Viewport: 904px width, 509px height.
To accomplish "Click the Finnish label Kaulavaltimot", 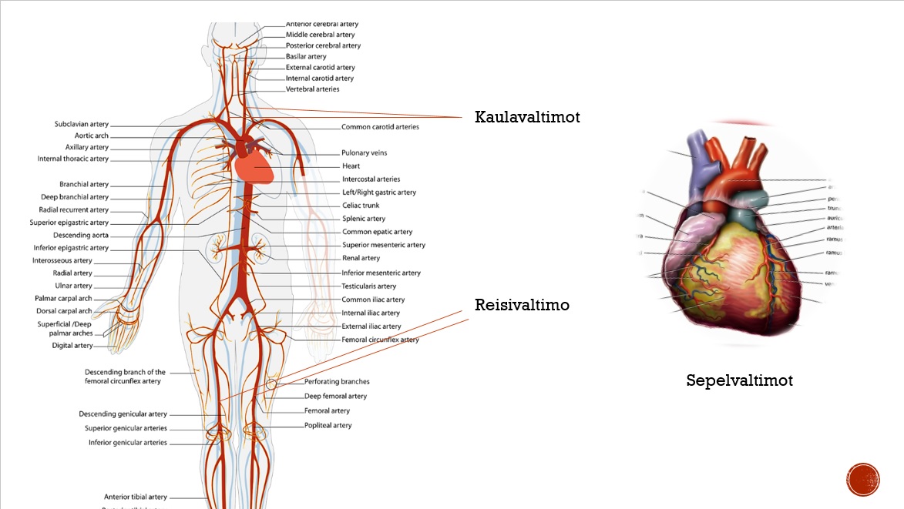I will pyautogui.click(x=527, y=117).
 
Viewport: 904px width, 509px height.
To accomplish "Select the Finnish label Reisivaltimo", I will pyautogui.click(x=522, y=305).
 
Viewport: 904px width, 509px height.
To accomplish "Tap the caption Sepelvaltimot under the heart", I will pyautogui.click(x=739, y=380).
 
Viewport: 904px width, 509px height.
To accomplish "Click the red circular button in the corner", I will pyautogui.click(x=863, y=480).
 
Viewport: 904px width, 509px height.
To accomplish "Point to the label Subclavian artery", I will pyautogui.click(x=82, y=124).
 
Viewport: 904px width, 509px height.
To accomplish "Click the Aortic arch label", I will pyautogui.click(x=92, y=136).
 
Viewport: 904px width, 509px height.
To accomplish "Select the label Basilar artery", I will pyautogui.click(x=306, y=56).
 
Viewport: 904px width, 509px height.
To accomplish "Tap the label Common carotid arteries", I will pyautogui.click(x=380, y=127).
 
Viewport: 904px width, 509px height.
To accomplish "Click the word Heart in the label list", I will pyautogui.click(x=351, y=166).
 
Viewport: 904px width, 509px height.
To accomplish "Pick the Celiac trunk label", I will pyautogui.click(x=361, y=206).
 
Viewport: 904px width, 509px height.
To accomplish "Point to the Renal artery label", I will pyautogui.click(x=361, y=258).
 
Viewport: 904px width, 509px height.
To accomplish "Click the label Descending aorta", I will pyautogui.click(x=81, y=235).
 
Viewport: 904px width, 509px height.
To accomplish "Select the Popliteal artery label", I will pyautogui.click(x=328, y=425).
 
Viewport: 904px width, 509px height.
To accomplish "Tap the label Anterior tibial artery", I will pyautogui.click(x=136, y=497).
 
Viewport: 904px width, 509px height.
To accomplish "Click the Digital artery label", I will pyautogui.click(x=72, y=346).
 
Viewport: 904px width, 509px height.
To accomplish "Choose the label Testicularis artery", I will pyautogui.click(x=368, y=286).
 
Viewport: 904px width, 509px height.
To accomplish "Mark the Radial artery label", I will pyautogui.click(x=72, y=273).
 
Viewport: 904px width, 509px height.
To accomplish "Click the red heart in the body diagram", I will pyautogui.click(x=254, y=165).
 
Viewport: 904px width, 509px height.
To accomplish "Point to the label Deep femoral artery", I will pyautogui.click(x=335, y=396).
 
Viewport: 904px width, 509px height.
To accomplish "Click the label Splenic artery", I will pyautogui.click(x=364, y=219).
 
